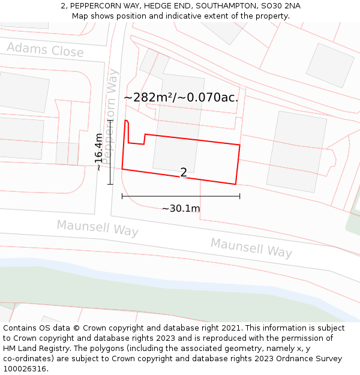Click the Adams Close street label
(x=45, y=50)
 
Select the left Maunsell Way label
(x=97, y=229)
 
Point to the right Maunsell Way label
(x=251, y=247)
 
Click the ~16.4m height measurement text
(x=99, y=152)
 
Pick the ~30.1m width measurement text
(x=181, y=208)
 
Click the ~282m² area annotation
(x=181, y=97)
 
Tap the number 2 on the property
(x=184, y=173)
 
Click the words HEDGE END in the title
(x=166, y=6)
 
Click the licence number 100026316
(x=25, y=368)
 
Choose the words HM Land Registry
(x=36, y=349)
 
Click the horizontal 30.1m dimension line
(x=181, y=196)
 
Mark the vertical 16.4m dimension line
(x=110, y=152)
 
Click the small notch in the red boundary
(x=144, y=139)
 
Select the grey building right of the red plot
(x=296, y=151)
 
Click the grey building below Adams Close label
(x=24, y=91)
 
